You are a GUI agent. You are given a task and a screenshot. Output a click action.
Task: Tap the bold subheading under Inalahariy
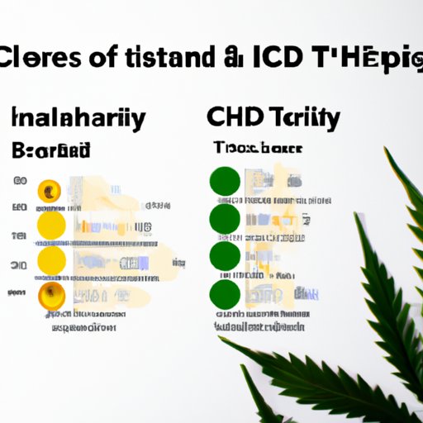(x=51, y=150)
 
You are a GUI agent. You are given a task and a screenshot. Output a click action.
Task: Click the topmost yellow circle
(x=50, y=192)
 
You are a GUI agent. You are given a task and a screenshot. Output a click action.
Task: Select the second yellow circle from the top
(x=50, y=226)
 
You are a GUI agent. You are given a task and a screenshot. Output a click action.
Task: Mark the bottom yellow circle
(x=50, y=295)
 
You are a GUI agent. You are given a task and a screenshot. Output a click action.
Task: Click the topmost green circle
(x=225, y=181)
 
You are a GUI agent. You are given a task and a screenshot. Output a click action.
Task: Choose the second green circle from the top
(x=225, y=218)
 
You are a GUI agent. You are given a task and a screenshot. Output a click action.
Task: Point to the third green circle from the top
(x=225, y=255)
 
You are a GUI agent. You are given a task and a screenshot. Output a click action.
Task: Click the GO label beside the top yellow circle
(x=20, y=181)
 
